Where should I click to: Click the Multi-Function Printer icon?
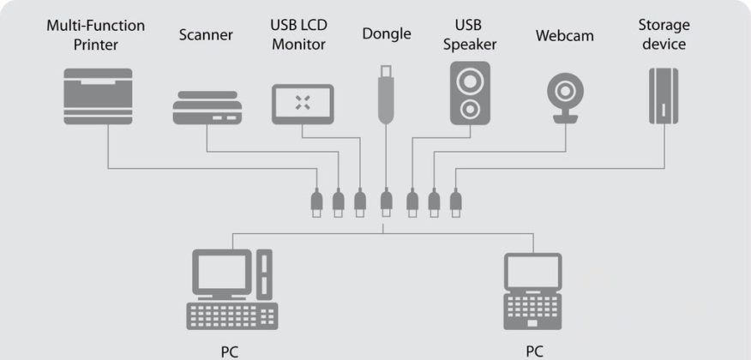pos(99,96)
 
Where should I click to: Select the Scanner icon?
pos(207,109)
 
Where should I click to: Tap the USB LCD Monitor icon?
pos(303,105)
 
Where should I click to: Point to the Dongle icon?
pos(385,93)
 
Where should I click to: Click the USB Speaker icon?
pos(470,93)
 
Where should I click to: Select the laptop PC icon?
pos(532,291)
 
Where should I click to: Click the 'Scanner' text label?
pos(207,35)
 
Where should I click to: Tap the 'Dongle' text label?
pos(386,34)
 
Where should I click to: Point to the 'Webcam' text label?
pos(564,36)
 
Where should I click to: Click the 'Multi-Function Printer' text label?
pos(95,34)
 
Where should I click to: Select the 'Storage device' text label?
pos(664,34)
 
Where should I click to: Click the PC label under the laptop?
pos(534,351)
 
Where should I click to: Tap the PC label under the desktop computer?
pos(230,351)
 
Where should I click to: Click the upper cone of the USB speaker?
pos(470,81)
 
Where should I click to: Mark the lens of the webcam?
pos(564,90)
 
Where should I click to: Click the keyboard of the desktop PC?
pos(231,315)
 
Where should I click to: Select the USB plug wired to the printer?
pos(316,202)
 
